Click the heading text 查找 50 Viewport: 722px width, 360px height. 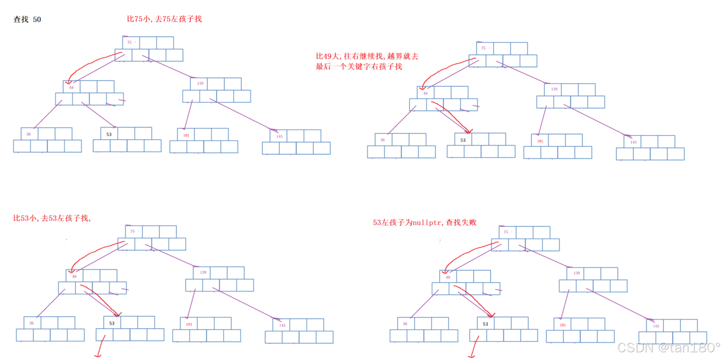pos(27,19)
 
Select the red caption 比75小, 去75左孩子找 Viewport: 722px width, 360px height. pos(164,19)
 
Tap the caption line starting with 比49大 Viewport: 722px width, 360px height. pos(367,56)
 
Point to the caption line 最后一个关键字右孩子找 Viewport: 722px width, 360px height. pos(359,66)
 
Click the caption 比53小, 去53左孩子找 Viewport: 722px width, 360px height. pos(52,218)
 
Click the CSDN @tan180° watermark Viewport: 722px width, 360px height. pos(668,348)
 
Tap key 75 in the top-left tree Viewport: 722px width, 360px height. pos(129,42)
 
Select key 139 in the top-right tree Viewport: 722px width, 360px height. pos(554,89)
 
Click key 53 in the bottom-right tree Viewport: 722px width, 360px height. pos(485,324)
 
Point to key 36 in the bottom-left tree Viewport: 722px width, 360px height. pos(31,323)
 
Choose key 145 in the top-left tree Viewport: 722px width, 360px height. pos(279,136)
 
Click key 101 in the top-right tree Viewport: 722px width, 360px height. pos(540,141)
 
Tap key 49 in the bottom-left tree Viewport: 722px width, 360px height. pos(74,277)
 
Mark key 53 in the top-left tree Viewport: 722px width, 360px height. pos(109,134)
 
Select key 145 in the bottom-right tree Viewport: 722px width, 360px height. pos(656,326)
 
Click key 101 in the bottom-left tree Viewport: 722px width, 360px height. pos(189,324)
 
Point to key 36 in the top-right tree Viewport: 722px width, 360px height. pos(382,140)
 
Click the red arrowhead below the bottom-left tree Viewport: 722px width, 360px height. pos(98,355)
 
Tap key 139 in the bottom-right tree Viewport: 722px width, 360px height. pos(577,273)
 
